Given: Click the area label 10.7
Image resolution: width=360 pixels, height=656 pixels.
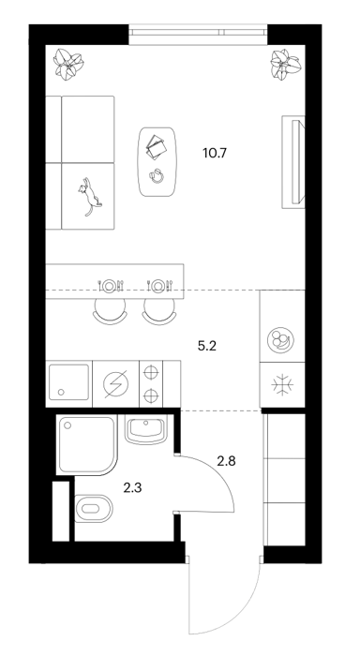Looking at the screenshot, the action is click(x=215, y=153).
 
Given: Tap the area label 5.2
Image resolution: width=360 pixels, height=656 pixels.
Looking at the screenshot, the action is click(x=207, y=346).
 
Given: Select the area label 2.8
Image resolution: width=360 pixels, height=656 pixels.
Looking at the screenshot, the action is click(x=226, y=461).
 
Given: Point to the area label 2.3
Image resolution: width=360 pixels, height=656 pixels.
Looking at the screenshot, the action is click(x=132, y=487).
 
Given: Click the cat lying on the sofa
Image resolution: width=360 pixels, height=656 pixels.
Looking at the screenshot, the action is click(x=89, y=196).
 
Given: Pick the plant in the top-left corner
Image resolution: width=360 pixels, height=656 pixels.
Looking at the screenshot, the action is click(x=67, y=64).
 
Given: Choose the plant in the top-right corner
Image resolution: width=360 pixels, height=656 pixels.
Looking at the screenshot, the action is click(x=286, y=64).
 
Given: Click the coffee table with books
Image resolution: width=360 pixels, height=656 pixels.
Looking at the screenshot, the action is click(x=157, y=162).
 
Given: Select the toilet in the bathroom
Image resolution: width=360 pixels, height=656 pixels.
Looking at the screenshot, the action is click(x=94, y=508).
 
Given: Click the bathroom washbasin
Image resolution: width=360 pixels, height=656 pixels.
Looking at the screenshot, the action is click(x=146, y=429).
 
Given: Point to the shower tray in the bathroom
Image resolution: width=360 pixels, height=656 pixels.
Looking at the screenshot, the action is click(x=86, y=445).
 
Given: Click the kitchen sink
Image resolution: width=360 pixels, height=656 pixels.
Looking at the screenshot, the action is click(x=69, y=382).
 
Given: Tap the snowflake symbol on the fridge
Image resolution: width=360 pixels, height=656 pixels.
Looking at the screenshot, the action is click(x=282, y=384).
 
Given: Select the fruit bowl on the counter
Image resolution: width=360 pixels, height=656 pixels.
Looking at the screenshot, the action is click(x=280, y=339).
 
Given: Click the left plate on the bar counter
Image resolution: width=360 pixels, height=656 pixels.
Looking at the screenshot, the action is click(x=110, y=285).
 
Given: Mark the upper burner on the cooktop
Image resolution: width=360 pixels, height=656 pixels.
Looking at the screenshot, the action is click(x=151, y=371).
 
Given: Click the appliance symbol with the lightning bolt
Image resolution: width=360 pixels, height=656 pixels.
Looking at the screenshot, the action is click(x=115, y=383).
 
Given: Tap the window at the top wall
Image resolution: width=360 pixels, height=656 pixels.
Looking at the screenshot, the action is click(x=199, y=35).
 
